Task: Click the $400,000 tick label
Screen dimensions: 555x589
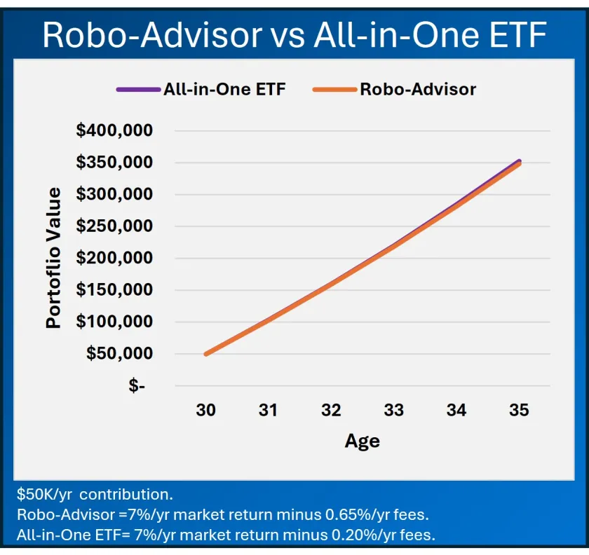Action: tap(114, 130)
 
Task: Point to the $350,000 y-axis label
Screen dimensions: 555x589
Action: tap(114, 163)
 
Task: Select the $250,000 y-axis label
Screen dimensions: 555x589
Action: tap(114, 226)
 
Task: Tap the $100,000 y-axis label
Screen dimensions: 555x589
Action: tap(114, 322)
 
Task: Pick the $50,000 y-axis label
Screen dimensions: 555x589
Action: tap(119, 353)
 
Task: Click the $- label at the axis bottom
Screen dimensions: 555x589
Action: tap(137, 385)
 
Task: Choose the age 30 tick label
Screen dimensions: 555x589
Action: tap(205, 411)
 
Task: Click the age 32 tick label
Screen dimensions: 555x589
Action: tap(331, 411)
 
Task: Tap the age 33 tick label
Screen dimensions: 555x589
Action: tap(393, 411)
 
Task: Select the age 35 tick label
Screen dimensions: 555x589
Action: tap(519, 411)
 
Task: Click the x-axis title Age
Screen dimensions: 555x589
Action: tap(362, 441)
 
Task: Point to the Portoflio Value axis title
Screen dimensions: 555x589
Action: tap(54, 258)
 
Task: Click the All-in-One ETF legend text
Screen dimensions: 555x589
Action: tap(224, 89)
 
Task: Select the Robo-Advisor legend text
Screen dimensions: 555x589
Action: tap(418, 89)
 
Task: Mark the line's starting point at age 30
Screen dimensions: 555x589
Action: tap(205, 354)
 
